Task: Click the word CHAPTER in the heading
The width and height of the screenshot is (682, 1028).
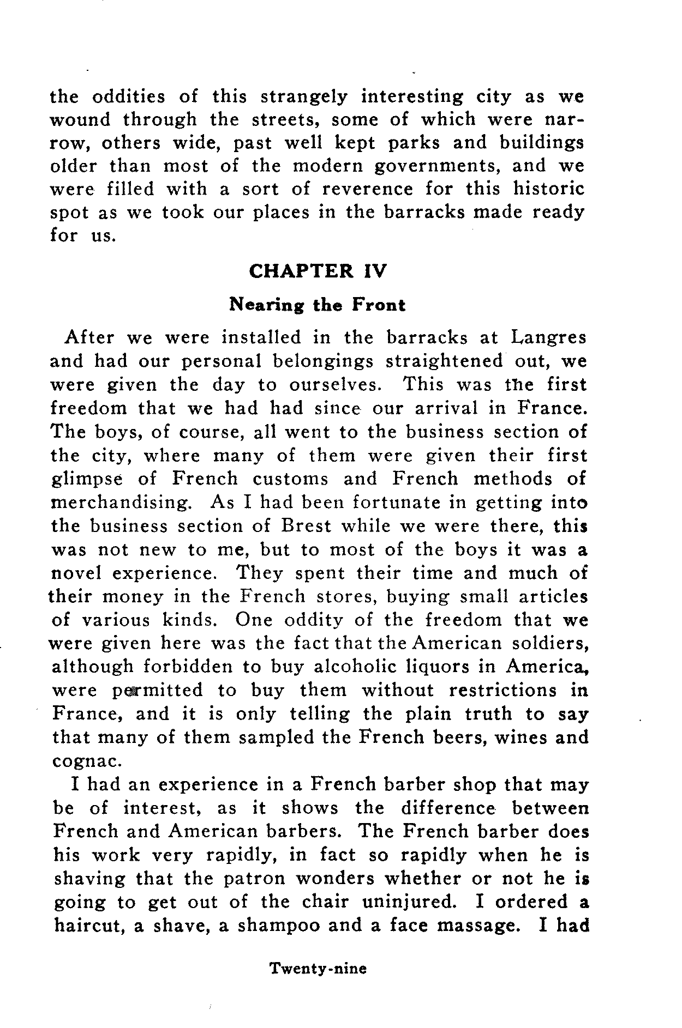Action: point(301,271)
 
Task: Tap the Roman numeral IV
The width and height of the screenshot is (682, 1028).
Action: point(373,271)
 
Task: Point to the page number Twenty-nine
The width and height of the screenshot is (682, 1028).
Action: point(319,969)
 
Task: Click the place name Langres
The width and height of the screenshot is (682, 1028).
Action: point(548,338)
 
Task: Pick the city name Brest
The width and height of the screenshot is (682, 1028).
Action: point(306,526)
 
